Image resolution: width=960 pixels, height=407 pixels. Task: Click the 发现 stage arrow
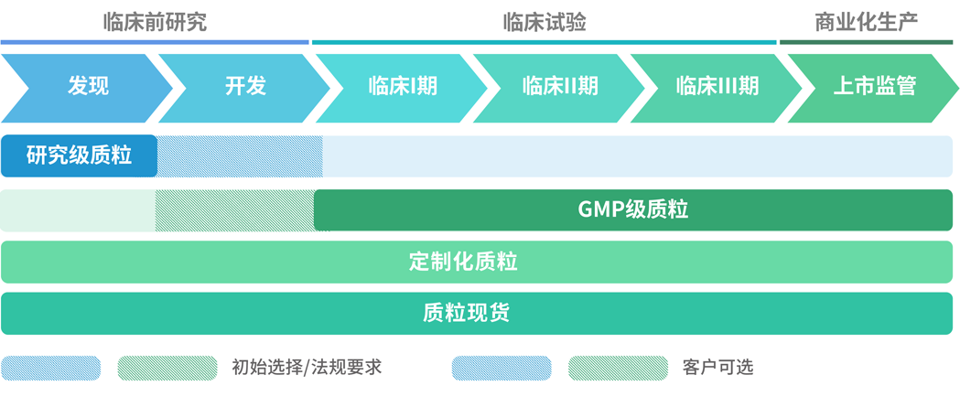pos(87,87)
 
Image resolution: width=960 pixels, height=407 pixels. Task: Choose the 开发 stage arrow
pos(244,87)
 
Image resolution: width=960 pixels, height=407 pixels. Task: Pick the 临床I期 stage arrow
pos(403,87)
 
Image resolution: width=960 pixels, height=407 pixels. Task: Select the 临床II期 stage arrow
pos(560,87)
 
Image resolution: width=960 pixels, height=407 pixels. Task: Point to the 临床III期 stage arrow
pos(717,87)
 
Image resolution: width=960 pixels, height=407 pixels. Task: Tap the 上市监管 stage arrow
pos(874,87)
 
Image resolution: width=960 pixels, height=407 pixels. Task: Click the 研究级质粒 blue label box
pos(79,155)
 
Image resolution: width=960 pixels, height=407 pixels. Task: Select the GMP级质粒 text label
pos(632,209)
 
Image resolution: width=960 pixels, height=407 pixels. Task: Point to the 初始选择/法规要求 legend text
pos(307,368)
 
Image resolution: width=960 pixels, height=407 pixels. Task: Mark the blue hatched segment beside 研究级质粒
pos(240,155)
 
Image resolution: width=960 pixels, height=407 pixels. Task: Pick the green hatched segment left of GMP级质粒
pos(234,209)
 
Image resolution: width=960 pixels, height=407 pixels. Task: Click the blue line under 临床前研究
pos(155,42)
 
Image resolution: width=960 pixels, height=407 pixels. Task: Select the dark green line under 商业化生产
pos(866,42)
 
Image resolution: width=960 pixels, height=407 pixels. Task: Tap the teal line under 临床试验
pos(544,42)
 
